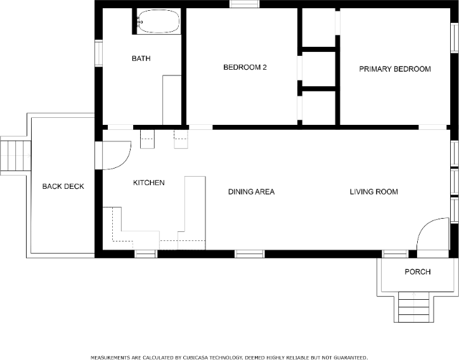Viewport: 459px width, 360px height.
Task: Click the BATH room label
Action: pyautogui.click(x=141, y=59)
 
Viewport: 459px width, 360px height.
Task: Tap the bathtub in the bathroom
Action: pyautogui.click(x=157, y=22)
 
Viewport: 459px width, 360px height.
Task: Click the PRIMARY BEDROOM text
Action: pyautogui.click(x=395, y=69)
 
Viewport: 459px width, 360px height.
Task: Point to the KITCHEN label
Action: pyautogui.click(x=148, y=183)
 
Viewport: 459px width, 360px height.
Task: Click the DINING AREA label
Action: pyautogui.click(x=251, y=191)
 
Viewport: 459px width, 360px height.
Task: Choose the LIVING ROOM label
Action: pyautogui.click(x=373, y=191)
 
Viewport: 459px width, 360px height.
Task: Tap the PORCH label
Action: pyautogui.click(x=417, y=272)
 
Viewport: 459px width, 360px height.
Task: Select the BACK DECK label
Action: pyautogui.click(x=63, y=186)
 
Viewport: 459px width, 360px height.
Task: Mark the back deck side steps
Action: pyautogui.click(x=15, y=155)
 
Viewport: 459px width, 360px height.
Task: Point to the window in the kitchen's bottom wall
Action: pyautogui.click(x=145, y=254)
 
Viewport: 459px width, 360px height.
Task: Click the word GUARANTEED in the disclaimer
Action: pyautogui.click(x=347, y=357)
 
